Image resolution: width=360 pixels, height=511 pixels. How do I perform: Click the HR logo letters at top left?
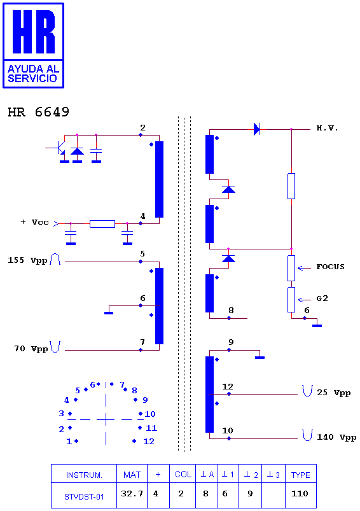pos(34,32)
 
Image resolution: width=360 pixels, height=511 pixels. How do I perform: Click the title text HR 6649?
pos(38,112)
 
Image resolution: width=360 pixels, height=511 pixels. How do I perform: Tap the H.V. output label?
pos(327,128)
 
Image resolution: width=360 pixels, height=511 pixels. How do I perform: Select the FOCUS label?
pos(330,267)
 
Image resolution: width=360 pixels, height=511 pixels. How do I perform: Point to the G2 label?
pos(322,298)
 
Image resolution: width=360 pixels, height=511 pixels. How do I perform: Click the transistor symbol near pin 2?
pos(59,148)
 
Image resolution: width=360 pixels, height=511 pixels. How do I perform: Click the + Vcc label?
pos(35,222)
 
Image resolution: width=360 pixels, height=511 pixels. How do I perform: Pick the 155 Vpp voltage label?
pos(28,260)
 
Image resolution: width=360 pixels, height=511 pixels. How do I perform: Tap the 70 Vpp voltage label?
pos(31,349)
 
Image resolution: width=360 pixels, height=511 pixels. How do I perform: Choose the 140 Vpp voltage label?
pos(336,437)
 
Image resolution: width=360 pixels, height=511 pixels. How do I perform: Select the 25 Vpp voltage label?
pos(334,393)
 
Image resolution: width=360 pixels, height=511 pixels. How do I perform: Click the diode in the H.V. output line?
pos(257,129)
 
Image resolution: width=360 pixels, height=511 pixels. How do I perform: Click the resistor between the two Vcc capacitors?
pos(102,223)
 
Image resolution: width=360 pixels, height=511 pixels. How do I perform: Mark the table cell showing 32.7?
pos(132,494)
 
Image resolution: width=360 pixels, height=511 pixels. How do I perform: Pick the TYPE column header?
pos(301,475)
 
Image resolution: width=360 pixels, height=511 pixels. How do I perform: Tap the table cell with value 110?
pos(300,493)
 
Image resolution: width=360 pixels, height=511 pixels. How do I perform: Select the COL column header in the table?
pos(183,475)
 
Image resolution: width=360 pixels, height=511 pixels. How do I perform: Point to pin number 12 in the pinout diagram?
pos(149,441)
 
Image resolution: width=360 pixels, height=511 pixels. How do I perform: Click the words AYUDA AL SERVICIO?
pos(34,74)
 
